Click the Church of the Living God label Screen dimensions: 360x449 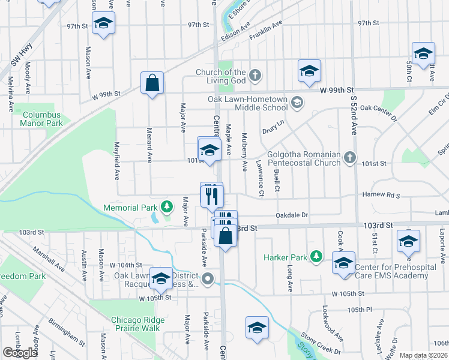pos(220,77)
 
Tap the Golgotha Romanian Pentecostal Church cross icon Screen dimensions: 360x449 pos(351,158)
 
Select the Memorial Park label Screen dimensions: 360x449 pos(130,208)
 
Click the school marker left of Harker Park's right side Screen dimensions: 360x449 pos(344,263)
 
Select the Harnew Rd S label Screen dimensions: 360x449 pos(381,195)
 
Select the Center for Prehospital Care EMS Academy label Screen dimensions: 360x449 pos(391,271)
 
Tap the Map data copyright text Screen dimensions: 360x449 pos(423,355)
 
